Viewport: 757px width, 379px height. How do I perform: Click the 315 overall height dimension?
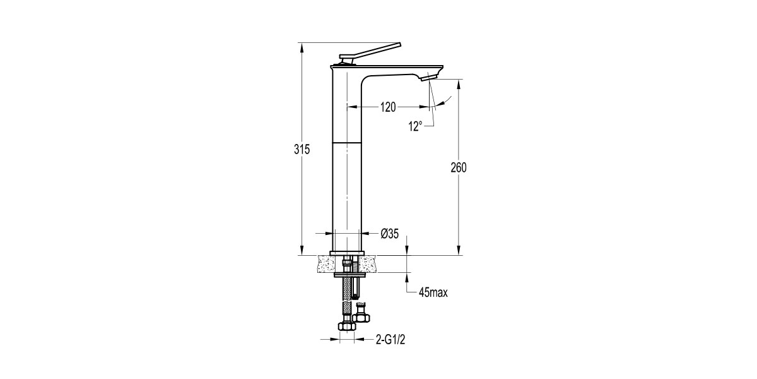[302, 149]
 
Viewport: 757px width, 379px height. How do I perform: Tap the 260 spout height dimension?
[459, 167]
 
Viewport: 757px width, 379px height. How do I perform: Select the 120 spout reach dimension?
[388, 107]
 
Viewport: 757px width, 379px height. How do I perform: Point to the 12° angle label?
[415, 126]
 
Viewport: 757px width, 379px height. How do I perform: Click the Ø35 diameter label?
[390, 234]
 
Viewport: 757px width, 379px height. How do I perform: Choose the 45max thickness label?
[433, 292]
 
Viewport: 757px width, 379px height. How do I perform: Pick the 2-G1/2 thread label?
[390, 339]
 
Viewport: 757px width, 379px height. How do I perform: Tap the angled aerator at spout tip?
[428, 78]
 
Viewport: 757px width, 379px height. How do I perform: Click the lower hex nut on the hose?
[347, 326]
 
